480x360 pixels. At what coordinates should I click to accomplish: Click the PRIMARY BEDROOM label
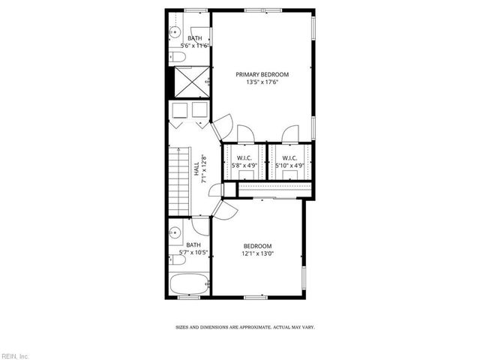pyautogui.click(x=262, y=74)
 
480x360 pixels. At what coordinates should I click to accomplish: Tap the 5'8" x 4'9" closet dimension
pyautogui.click(x=243, y=165)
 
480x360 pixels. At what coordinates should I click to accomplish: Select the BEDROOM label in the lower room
pyautogui.click(x=257, y=246)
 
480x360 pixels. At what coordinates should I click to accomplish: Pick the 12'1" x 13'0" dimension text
pyautogui.click(x=257, y=253)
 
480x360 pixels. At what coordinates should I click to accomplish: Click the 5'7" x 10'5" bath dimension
pyautogui.click(x=193, y=253)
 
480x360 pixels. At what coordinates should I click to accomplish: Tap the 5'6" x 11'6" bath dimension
pyautogui.click(x=193, y=46)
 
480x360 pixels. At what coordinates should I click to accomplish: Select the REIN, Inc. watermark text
pyautogui.click(x=15, y=355)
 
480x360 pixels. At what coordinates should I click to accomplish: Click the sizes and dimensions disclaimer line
pyautogui.click(x=244, y=328)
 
